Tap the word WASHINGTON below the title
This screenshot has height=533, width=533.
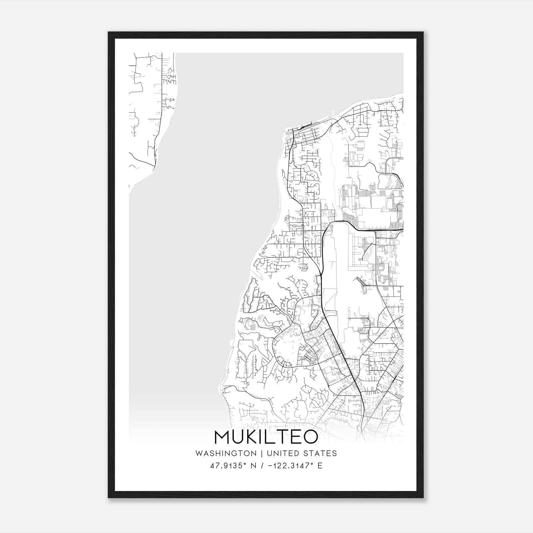(226, 453)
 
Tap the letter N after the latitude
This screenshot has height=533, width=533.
(253, 465)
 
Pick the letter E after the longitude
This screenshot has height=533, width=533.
(320, 465)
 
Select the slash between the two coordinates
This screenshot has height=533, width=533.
(263, 465)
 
